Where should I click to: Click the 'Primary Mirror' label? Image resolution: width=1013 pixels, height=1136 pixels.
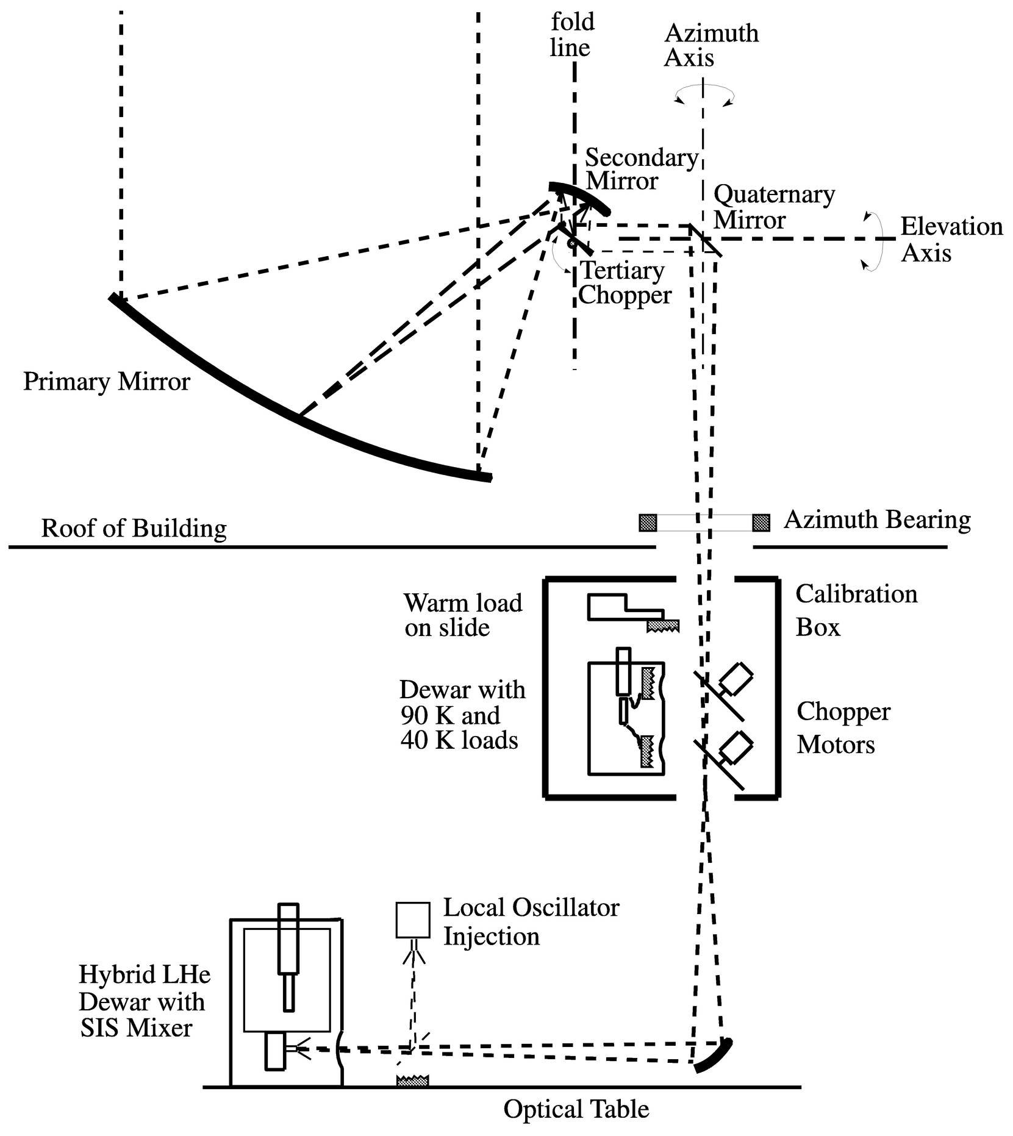tap(106, 382)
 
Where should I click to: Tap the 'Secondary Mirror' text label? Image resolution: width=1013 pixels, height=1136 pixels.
tap(640, 170)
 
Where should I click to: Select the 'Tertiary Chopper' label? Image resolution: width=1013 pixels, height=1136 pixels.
tap(624, 282)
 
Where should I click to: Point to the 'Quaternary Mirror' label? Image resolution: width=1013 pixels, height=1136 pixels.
tap(773, 207)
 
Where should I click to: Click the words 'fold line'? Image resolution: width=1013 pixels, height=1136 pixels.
tap(571, 35)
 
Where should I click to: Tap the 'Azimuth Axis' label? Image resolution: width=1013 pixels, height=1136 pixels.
tap(711, 45)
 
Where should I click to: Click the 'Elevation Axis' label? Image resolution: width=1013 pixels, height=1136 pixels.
tap(951, 239)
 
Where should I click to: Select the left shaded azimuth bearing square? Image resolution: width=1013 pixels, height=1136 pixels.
tap(648, 523)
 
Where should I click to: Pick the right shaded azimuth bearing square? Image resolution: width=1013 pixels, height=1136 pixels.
tap(761, 523)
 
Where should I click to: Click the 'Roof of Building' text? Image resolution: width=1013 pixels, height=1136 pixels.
tap(134, 528)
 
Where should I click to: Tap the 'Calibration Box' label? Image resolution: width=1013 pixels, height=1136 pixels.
tap(855, 610)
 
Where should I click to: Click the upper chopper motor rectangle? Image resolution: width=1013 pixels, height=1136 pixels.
tap(736, 677)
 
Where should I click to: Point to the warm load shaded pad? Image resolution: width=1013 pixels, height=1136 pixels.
tap(663, 626)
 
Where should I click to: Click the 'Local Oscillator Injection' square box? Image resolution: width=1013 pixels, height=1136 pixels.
tap(413, 920)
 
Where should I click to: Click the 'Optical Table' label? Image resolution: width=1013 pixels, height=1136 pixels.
tap(576, 1109)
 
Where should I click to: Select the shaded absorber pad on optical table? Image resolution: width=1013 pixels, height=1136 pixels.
tap(412, 1081)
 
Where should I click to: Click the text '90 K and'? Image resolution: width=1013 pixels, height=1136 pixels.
tap(450, 715)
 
